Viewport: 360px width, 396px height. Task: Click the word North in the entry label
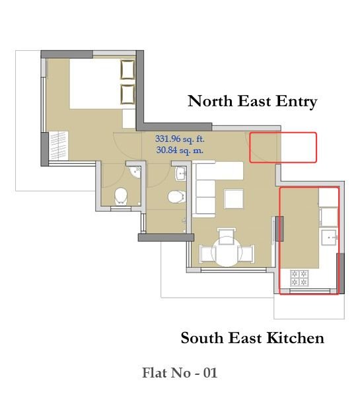click(210, 101)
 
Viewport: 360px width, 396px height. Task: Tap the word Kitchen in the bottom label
click(295, 338)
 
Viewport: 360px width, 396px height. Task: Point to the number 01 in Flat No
click(210, 373)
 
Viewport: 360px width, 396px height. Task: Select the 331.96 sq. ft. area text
click(180, 139)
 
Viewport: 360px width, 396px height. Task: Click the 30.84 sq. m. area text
click(180, 150)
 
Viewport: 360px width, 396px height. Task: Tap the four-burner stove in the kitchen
click(299, 278)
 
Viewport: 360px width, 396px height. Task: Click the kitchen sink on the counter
click(329, 238)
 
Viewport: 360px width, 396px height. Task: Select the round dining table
click(227, 251)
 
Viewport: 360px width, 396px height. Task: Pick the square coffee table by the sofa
click(234, 199)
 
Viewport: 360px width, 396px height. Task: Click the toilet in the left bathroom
click(121, 196)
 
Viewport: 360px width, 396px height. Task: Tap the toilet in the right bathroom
click(177, 197)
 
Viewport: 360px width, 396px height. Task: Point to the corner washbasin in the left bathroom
click(135, 172)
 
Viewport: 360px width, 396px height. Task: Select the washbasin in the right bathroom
click(180, 173)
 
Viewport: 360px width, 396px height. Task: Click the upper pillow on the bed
click(127, 70)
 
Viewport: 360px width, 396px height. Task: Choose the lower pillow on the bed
click(127, 94)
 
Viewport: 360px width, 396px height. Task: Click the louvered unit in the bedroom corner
click(59, 146)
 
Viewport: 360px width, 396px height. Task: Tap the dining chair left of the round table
click(207, 253)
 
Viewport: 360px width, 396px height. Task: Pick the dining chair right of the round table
click(246, 253)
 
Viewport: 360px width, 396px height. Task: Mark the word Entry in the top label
click(297, 101)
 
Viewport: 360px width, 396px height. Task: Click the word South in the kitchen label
click(202, 338)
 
